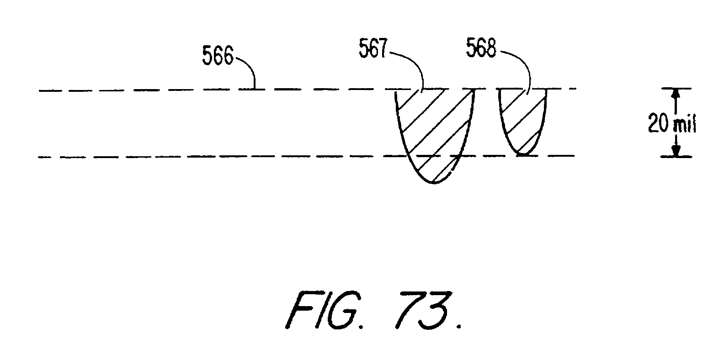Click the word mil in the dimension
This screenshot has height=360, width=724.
pyautogui.click(x=685, y=125)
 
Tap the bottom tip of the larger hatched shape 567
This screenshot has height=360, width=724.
pyautogui.click(x=435, y=183)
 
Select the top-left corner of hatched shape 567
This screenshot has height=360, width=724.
pyautogui.click(x=395, y=90)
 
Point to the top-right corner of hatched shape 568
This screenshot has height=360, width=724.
pyautogui.click(x=546, y=90)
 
